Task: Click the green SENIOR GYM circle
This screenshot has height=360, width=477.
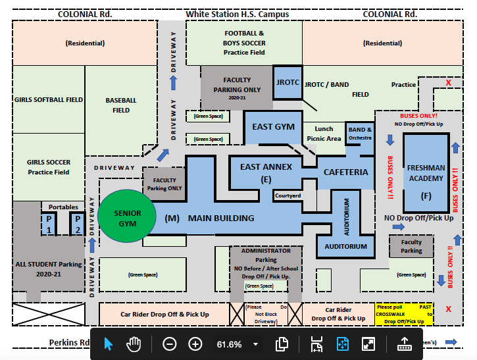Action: click(127, 218)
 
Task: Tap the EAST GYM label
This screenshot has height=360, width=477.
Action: click(273, 126)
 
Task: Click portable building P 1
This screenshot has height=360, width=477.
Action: click(49, 224)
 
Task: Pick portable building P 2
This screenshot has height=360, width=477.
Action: click(78, 224)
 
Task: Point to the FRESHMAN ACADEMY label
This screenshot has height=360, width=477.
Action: click(426, 173)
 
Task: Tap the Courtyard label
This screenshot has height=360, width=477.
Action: click(288, 195)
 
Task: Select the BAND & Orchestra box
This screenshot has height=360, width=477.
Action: click(360, 134)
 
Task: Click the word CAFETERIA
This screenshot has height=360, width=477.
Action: click(345, 172)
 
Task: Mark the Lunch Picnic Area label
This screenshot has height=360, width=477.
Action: click(324, 134)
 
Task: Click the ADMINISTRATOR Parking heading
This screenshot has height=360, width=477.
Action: click(266, 255)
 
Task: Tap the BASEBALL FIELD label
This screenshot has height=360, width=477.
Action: click(121, 105)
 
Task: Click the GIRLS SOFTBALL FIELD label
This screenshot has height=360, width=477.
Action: click(49, 99)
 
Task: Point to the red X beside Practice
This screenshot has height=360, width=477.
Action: click(449, 83)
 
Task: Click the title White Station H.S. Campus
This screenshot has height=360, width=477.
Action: click(237, 14)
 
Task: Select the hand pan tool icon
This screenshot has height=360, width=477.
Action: click(134, 344)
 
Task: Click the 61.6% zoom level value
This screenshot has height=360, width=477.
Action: click(229, 344)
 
